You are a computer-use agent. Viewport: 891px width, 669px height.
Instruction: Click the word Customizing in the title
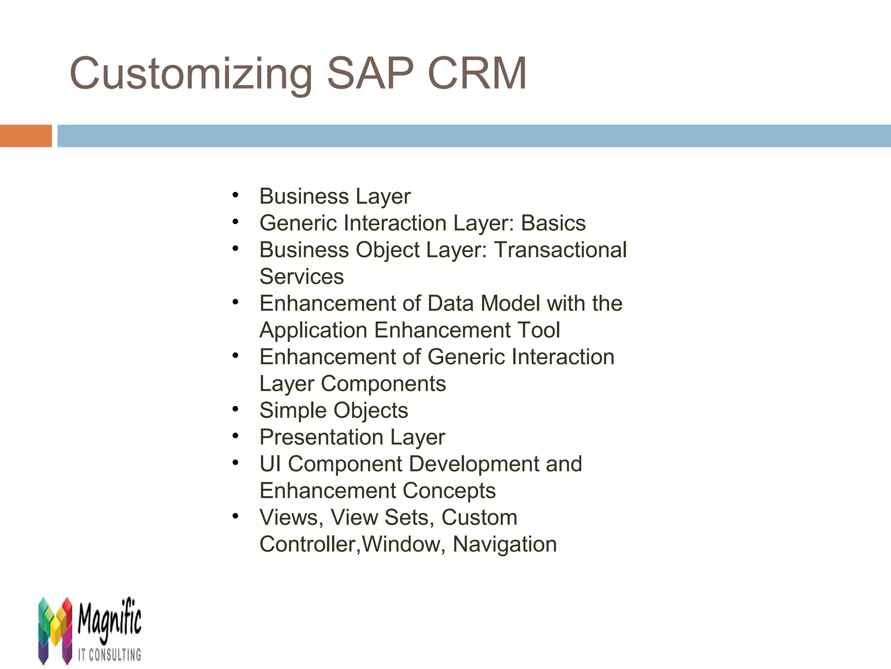(x=191, y=74)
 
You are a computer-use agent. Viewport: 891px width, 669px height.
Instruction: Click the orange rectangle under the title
(x=26, y=136)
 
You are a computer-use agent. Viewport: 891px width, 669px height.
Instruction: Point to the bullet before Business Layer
(x=235, y=195)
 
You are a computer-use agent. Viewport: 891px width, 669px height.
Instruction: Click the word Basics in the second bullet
(x=553, y=223)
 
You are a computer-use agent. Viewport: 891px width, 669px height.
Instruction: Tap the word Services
(x=301, y=277)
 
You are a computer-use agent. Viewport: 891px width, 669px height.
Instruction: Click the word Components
(x=383, y=384)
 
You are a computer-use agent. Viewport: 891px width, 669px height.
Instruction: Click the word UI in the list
(x=270, y=464)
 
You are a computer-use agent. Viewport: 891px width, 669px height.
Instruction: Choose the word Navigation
(x=505, y=544)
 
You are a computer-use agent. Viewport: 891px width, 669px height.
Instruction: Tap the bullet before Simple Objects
(x=235, y=409)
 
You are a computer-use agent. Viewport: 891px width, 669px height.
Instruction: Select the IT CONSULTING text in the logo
(x=110, y=654)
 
